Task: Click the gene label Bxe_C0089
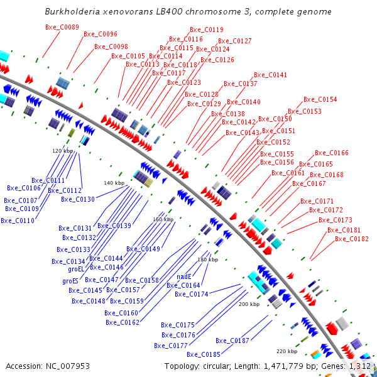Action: (x=62, y=27)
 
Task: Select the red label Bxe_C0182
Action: (x=352, y=239)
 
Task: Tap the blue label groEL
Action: (x=75, y=269)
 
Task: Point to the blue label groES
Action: (x=70, y=280)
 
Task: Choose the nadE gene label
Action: (x=183, y=276)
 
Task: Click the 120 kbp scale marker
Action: (x=62, y=151)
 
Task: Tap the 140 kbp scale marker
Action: (x=114, y=183)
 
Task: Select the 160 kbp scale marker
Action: (x=163, y=219)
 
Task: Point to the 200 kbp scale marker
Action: (x=249, y=303)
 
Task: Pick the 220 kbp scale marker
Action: (x=287, y=351)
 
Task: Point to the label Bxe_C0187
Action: (x=232, y=341)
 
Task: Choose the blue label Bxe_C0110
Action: (x=18, y=221)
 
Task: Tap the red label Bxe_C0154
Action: (x=320, y=99)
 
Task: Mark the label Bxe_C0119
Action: (x=206, y=30)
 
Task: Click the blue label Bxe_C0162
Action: (x=123, y=322)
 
